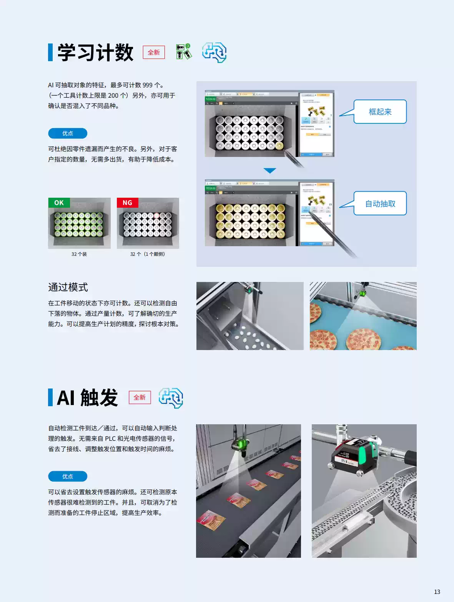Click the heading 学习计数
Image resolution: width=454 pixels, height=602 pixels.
click(x=95, y=52)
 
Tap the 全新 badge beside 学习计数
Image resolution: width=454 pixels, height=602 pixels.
click(x=154, y=52)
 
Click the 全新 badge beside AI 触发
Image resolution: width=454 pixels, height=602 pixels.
click(x=140, y=397)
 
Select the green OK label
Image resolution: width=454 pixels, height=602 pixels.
click(x=59, y=203)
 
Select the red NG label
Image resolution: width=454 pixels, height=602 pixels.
click(x=127, y=203)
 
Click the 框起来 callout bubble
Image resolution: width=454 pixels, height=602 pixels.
click(x=380, y=112)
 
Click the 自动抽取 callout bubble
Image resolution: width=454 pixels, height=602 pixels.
click(x=380, y=203)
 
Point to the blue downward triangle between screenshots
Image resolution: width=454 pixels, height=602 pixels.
click(x=269, y=170)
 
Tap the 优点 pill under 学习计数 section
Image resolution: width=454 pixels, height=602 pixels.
click(x=68, y=133)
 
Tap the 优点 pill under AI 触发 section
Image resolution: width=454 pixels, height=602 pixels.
click(x=68, y=476)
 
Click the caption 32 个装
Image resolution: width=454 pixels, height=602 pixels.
click(x=79, y=254)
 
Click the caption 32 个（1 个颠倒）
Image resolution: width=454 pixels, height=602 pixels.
click(x=148, y=254)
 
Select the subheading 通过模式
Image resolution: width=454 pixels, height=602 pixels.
click(x=68, y=287)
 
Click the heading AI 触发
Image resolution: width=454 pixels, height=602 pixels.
click(x=88, y=397)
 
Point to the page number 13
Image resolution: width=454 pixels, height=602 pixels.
click(x=437, y=592)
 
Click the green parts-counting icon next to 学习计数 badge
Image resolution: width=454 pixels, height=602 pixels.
click(x=183, y=52)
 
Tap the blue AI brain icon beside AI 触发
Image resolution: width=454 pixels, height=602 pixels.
click(x=171, y=398)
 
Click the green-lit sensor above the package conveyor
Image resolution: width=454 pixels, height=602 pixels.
click(x=240, y=445)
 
